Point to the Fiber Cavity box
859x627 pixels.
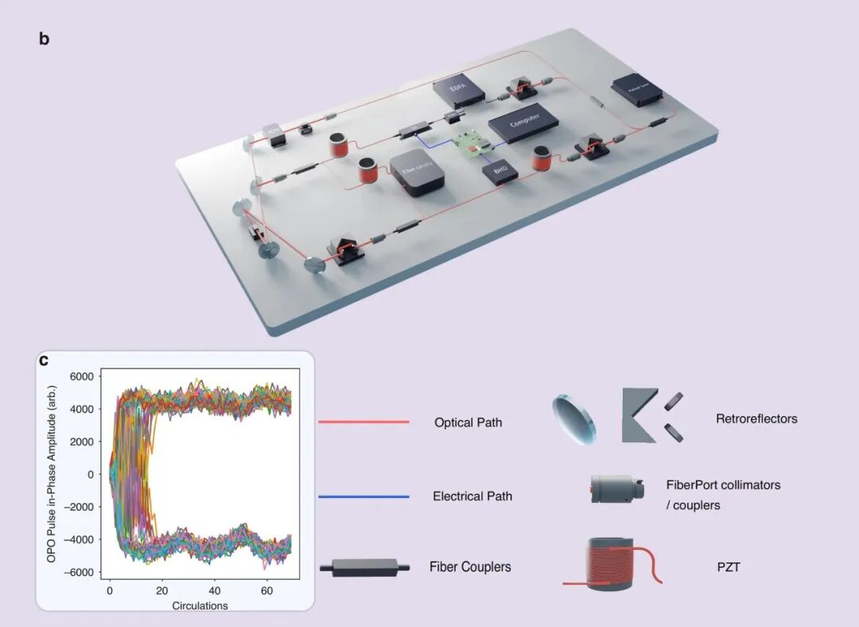pyautogui.click(x=416, y=174)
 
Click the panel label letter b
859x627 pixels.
pyautogui.click(x=45, y=38)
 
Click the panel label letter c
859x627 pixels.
pyautogui.click(x=45, y=360)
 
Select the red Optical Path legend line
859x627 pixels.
pyautogui.click(x=363, y=423)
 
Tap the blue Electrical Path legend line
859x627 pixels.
pyautogui.click(x=363, y=497)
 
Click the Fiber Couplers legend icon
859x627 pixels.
pyautogui.click(x=364, y=567)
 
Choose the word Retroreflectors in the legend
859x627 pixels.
pyautogui.click(x=756, y=419)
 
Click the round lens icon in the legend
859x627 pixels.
pyautogui.click(x=573, y=419)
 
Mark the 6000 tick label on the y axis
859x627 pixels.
pyautogui.click(x=81, y=376)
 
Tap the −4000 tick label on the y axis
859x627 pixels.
pyautogui.click(x=79, y=539)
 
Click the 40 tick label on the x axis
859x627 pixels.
pyautogui.click(x=214, y=592)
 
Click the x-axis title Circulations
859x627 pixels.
pyautogui.click(x=200, y=606)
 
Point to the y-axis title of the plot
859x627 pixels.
pyautogui.click(x=51, y=473)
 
